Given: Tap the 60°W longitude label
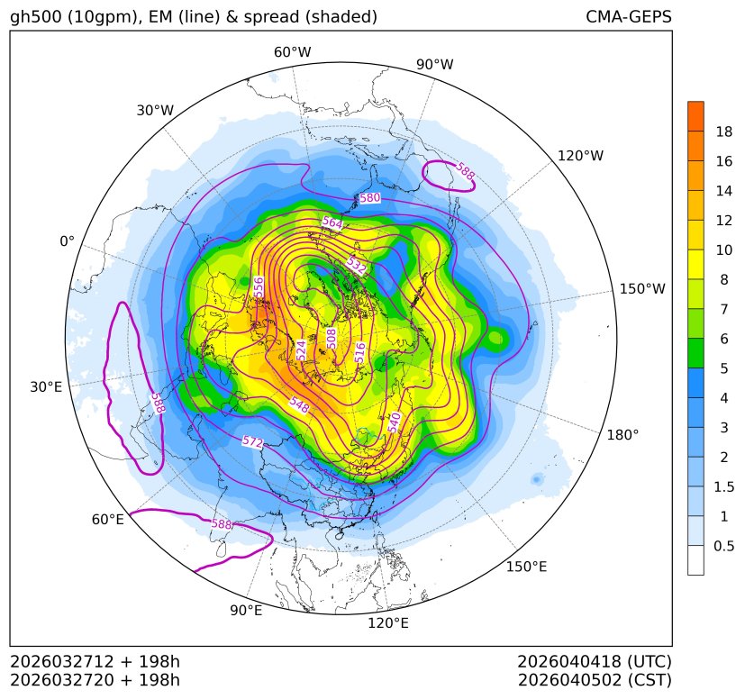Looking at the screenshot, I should tap(292, 52).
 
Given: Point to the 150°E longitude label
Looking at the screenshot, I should tap(526, 566).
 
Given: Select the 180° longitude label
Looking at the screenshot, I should tap(622, 434).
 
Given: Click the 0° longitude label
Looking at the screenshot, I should tap(67, 241).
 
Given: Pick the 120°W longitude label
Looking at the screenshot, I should tap(580, 156).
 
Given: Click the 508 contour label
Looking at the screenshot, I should tap(332, 338).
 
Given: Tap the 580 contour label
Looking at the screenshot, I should tap(369, 198).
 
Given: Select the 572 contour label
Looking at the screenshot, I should tap(253, 442).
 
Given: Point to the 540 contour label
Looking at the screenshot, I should tap(394, 422).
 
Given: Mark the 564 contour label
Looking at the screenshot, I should tap(332, 222).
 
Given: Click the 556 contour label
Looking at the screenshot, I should tap(259, 287).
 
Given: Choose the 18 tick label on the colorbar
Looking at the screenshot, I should tap(723, 132).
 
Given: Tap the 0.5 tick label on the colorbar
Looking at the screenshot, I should tap(724, 546).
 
